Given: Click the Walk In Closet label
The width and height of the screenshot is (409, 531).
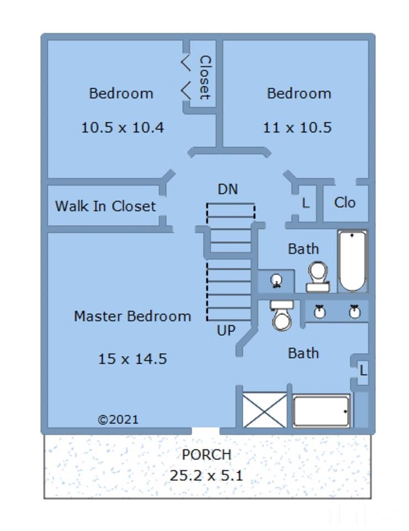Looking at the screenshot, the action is click(105, 206).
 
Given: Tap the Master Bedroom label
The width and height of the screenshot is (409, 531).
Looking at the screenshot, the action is click(132, 316).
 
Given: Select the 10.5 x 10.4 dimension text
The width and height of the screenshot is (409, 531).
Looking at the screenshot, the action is click(123, 128).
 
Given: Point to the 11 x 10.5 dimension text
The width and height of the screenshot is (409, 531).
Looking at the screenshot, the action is click(297, 128).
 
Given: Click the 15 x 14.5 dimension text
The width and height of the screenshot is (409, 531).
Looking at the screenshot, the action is click(132, 359).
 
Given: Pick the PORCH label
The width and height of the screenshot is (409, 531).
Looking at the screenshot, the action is click(206, 455).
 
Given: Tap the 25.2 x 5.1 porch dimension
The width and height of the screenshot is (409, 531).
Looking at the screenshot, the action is click(206, 476).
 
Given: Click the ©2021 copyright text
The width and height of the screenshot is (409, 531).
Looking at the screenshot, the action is click(118, 420).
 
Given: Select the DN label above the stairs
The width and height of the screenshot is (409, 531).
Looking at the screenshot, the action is click(228, 189).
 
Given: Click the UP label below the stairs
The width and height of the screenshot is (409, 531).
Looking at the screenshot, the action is click(226, 331).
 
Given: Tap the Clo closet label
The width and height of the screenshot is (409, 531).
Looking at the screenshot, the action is click(345, 202).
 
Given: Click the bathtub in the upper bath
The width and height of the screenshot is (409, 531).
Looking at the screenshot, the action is click(352, 261).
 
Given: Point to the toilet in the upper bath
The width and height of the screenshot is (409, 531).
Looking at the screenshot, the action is click(318, 277).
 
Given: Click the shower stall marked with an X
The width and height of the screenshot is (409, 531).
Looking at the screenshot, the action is click(265, 410).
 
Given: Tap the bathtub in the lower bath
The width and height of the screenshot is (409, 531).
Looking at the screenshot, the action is click(321, 411).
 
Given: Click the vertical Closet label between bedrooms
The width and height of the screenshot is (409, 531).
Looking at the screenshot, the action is click(205, 77).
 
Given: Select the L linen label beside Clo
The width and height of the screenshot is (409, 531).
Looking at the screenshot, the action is click(306, 203).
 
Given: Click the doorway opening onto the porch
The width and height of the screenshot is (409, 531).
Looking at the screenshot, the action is click(206, 431).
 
